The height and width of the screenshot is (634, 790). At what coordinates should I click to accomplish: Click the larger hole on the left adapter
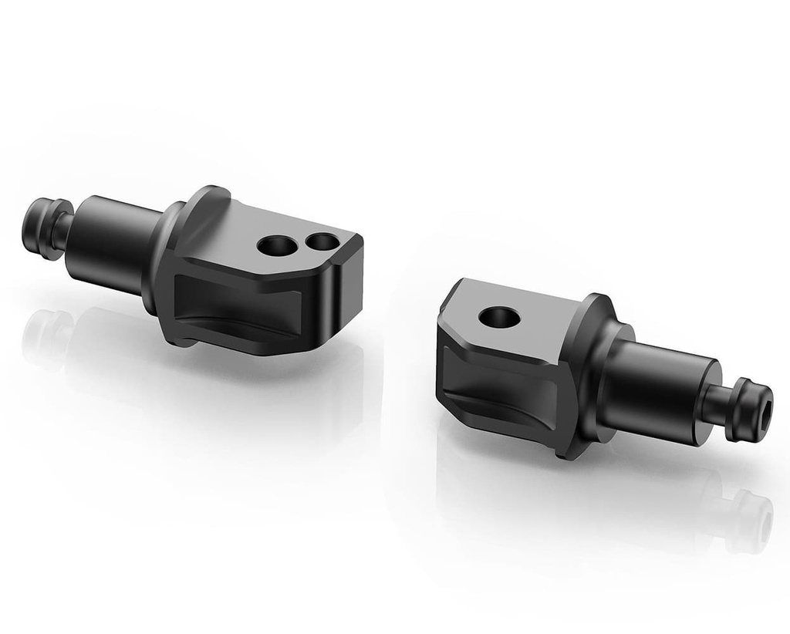(276, 246)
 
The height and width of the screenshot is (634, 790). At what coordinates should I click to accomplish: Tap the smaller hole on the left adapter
(321, 242)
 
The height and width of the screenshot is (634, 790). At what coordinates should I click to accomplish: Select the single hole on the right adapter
(499, 316)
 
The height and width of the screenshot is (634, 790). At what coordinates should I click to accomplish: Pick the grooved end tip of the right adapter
(752, 408)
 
